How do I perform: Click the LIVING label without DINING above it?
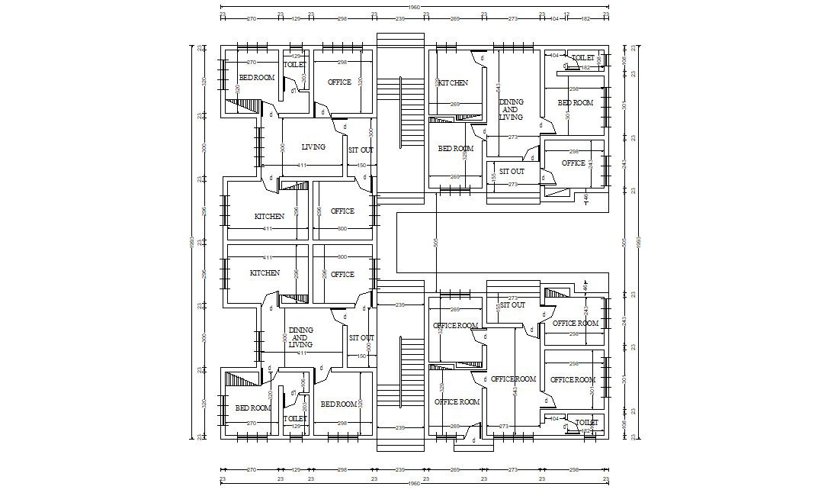tap(313, 147)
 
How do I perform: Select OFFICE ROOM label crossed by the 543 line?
tap(513, 379)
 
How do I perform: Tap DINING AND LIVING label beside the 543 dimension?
tap(511, 109)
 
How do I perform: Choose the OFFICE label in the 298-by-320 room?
tap(339, 82)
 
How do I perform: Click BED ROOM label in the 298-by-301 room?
tap(575, 103)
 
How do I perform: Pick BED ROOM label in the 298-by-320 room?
tap(339, 404)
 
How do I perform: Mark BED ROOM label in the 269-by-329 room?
tap(455, 149)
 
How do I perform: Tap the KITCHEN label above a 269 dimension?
tap(453, 83)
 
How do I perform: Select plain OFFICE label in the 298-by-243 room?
tap(573, 163)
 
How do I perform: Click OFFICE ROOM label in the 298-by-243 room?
tap(575, 324)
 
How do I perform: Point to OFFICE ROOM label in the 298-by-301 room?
tap(573, 380)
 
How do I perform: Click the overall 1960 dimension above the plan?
tap(414, 8)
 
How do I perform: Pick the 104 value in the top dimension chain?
tap(553, 16)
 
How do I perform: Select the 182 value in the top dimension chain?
tap(585, 16)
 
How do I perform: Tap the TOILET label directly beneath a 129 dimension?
tap(294, 66)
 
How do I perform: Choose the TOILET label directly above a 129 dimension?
tap(294, 418)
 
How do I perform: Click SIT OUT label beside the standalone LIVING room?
tap(361, 150)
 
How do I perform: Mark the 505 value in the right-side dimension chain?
tap(624, 242)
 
